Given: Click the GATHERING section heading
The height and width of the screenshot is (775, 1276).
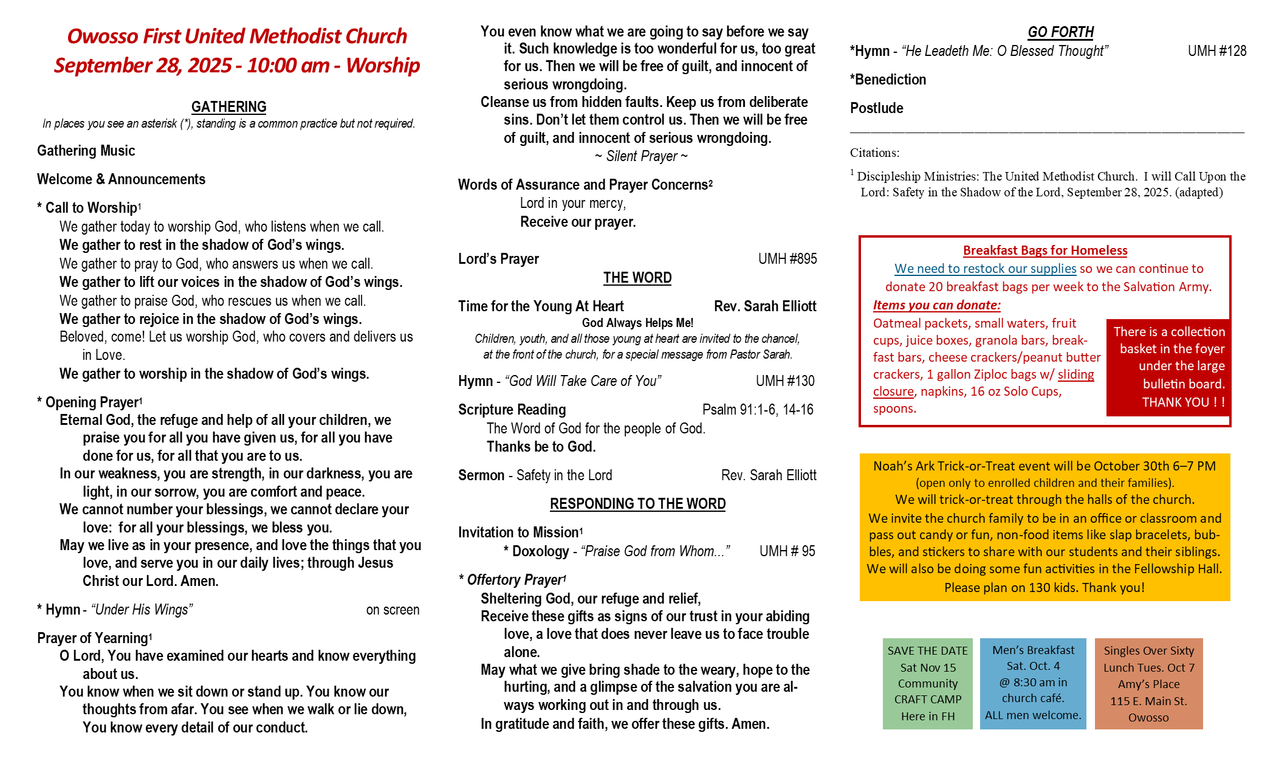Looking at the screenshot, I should pos(228,107).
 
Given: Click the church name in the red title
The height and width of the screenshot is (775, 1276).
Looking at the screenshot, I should pos(237,36).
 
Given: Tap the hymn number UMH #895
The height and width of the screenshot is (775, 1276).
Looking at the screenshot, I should pos(787,259).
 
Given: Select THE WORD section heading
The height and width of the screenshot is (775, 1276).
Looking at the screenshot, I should pos(637,278).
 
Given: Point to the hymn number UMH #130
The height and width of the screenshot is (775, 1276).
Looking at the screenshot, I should pos(785,381).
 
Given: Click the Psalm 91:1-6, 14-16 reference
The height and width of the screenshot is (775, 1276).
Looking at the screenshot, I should pos(757,410).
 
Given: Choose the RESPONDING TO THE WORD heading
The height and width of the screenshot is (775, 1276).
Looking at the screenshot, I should pos(637,504).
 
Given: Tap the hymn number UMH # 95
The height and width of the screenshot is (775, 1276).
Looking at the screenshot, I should pos(787,551).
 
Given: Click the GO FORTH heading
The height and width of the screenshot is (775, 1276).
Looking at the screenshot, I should pos(1060,32).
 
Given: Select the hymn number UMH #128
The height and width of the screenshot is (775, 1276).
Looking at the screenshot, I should pos(1216,51).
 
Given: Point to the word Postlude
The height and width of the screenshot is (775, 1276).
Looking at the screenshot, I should pos(876,108).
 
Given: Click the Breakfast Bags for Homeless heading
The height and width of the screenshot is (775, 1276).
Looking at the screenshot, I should pos(1044,250).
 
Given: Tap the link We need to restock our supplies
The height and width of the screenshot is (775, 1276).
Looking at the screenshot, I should pos(985,269).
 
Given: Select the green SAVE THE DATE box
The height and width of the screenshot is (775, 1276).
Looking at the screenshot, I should pos(927,683).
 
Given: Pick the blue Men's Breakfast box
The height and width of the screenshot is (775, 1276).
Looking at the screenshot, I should pos(1033,683).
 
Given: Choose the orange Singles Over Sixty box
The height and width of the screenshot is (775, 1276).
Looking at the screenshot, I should pos(1148,683).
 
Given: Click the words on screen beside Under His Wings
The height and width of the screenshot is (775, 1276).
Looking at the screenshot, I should pos(393,610).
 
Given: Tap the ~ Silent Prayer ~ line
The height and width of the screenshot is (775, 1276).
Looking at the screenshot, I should pos(641,156).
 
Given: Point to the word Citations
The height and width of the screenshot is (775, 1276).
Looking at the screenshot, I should pos(874,153).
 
